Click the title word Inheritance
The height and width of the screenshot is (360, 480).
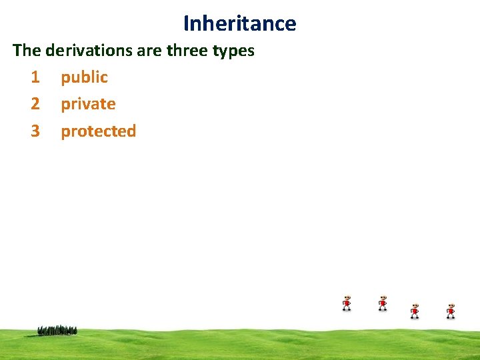pyautogui.click(x=240, y=23)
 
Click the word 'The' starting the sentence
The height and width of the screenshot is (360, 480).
pyautogui.click(x=27, y=51)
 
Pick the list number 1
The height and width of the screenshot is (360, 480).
pyautogui.click(x=35, y=77)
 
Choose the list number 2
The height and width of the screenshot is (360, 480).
pyautogui.click(x=35, y=104)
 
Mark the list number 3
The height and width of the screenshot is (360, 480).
pyautogui.click(x=35, y=131)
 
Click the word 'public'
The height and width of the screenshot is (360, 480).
pyautogui.click(x=84, y=77)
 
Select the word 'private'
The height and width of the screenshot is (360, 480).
pyautogui.click(x=88, y=104)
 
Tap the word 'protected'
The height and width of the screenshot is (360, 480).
pyautogui.click(x=98, y=131)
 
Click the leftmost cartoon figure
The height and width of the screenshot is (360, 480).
pyautogui.click(x=347, y=303)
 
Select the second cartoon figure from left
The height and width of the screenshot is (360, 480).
pyautogui.click(x=383, y=303)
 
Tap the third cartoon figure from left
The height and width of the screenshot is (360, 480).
pyautogui.click(x=415, y=311)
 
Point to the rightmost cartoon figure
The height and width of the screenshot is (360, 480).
pyautogui.click(x=451, y=311)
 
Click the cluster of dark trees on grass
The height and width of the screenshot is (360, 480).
pyautogui.click(x=57, y=330)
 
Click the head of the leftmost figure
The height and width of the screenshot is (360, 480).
pyautogui.click(x=347, y=298)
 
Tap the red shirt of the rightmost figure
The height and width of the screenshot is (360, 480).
pyautogui.click(x=451, y=311)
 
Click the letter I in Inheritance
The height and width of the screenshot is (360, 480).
pyautogui.click(x=187, y=23)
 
